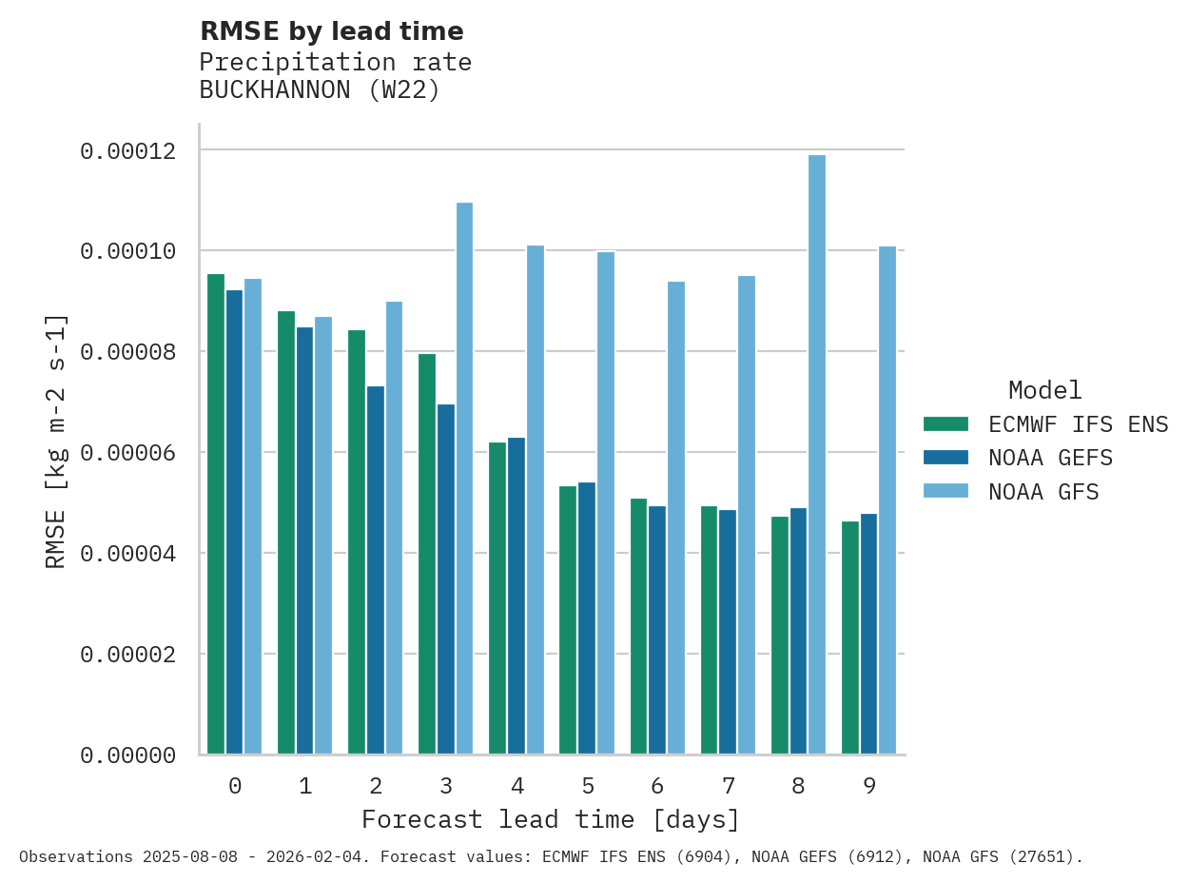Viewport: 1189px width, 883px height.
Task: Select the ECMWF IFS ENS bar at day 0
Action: [216, 514]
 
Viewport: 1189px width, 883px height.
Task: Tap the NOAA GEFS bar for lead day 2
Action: [376, 570]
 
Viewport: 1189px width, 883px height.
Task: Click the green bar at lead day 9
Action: [850, 638]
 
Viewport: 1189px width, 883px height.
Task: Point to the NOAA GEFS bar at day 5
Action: [587, 618]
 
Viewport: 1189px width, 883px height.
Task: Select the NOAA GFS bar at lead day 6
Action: [676, 518]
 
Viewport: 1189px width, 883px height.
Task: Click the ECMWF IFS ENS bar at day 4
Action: [497, 598]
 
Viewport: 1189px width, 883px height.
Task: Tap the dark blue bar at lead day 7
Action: [728, 632]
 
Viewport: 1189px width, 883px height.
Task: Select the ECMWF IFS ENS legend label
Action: [1078, 424]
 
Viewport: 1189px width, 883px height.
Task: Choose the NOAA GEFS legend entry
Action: [1050, 458]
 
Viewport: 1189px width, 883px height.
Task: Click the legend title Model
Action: [1044, 390]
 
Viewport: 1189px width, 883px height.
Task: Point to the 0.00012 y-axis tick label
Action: [127, 151]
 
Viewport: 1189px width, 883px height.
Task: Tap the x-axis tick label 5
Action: [588, 786]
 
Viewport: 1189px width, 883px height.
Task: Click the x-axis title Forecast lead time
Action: [550, 819]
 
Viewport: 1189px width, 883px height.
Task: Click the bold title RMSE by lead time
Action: [331, 31]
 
